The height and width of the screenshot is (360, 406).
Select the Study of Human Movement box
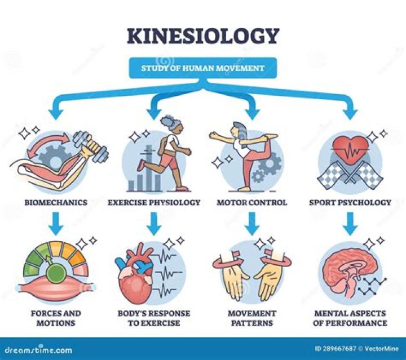point(204,69)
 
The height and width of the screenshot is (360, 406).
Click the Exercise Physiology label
point(154,202)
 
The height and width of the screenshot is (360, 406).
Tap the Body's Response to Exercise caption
point(154,318)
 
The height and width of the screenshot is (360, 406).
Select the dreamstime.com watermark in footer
point(37,349)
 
